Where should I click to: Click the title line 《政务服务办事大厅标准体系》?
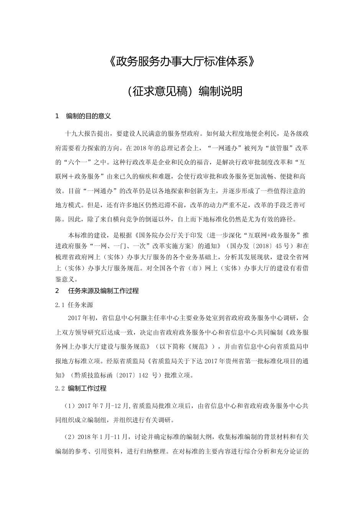pyautogui.click(x=182, y=61)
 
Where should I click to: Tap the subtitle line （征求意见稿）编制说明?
pyautogui.click(x=182, y=91)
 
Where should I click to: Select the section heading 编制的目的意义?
pyautogui.click(x=89, y=116)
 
